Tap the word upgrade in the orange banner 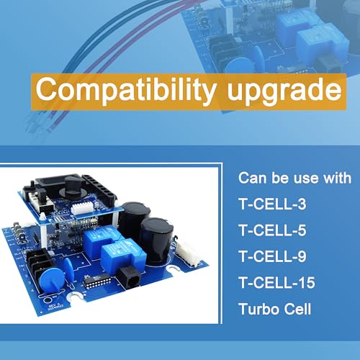point(284,92)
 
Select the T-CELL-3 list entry point(272,204)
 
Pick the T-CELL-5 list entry point(272,230)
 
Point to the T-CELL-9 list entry point(272,256)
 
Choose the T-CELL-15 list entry point(276,283)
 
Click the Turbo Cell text point(275,309)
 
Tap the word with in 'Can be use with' point(337,178)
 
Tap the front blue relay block point(123,257)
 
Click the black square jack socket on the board point(129,278)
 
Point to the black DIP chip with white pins point(96,281)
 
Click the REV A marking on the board point(53,307)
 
